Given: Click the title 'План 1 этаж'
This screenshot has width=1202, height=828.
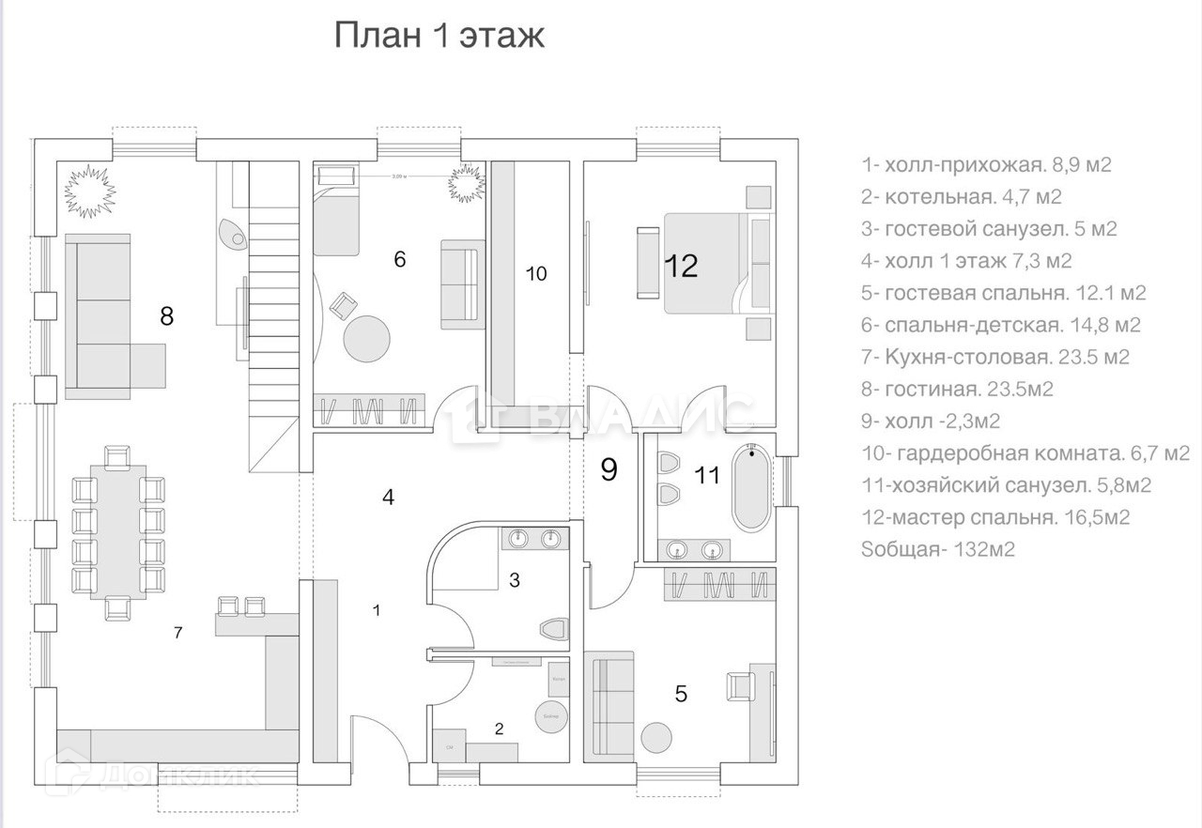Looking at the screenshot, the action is coord(439,37).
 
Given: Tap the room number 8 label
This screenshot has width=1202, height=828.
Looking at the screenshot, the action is coord(167,316).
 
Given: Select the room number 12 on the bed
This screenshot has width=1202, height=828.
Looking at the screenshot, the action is coord(682,267).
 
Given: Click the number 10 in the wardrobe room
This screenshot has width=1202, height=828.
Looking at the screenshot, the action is coord(535,274).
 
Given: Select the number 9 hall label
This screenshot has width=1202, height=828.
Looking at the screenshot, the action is coord(609,469).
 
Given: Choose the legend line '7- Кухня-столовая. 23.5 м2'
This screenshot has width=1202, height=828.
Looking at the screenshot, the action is coord(995,357).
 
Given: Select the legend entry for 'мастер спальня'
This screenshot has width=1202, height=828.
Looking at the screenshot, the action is coord(994,517).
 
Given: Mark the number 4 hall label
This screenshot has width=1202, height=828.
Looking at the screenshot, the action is coord(388,498).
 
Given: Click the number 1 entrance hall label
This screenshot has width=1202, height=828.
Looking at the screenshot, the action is coord(376,611).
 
